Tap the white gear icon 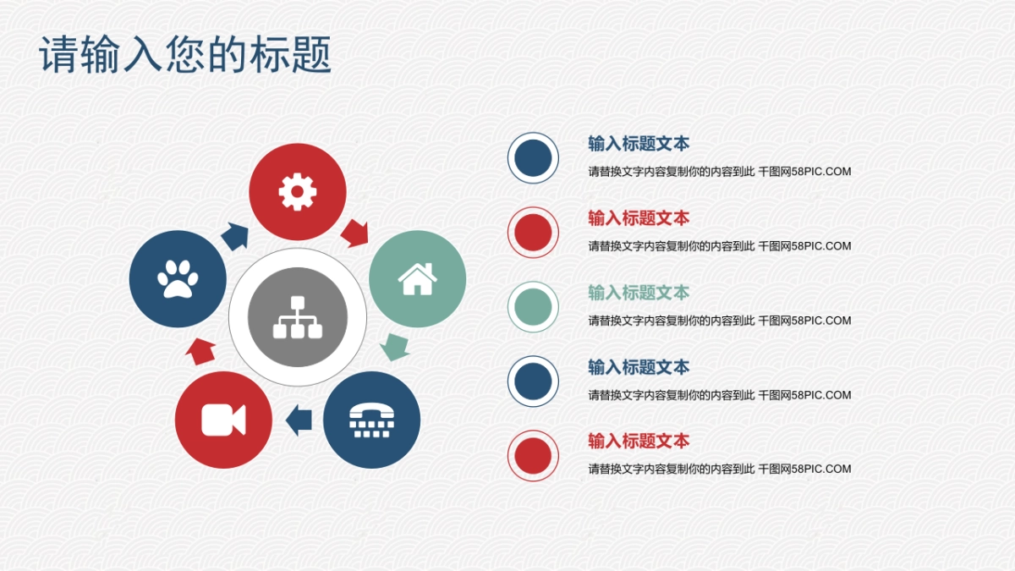pyautogui.click(x=298, y=192)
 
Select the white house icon pyautogui.click(x=417, y=279)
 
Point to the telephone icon pyautogui.click(x=371, y=420)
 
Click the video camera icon pyautogui.click(x=223, y=420)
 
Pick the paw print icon pyautogui.click(x=178, y=279)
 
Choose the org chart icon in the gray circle pyautogui.click(x=298, y=316)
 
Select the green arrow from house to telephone pyautogui.click(x=393, y=346)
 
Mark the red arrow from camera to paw pyautogui.click(x=201, y=350)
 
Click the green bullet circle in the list pyautogui.click(x=533, y=306)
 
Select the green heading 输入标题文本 pyautogui.click(x=639, y=293)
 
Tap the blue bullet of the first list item pyautogui.click(x=533, y=157)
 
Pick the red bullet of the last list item pyautogui.click(x=533, y=455)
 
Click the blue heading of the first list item pyautogui.click(x=639, y=144)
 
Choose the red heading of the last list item pyautogui.click(x=639, y=441)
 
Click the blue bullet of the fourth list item pyautogui.click(x=533, y=381)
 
